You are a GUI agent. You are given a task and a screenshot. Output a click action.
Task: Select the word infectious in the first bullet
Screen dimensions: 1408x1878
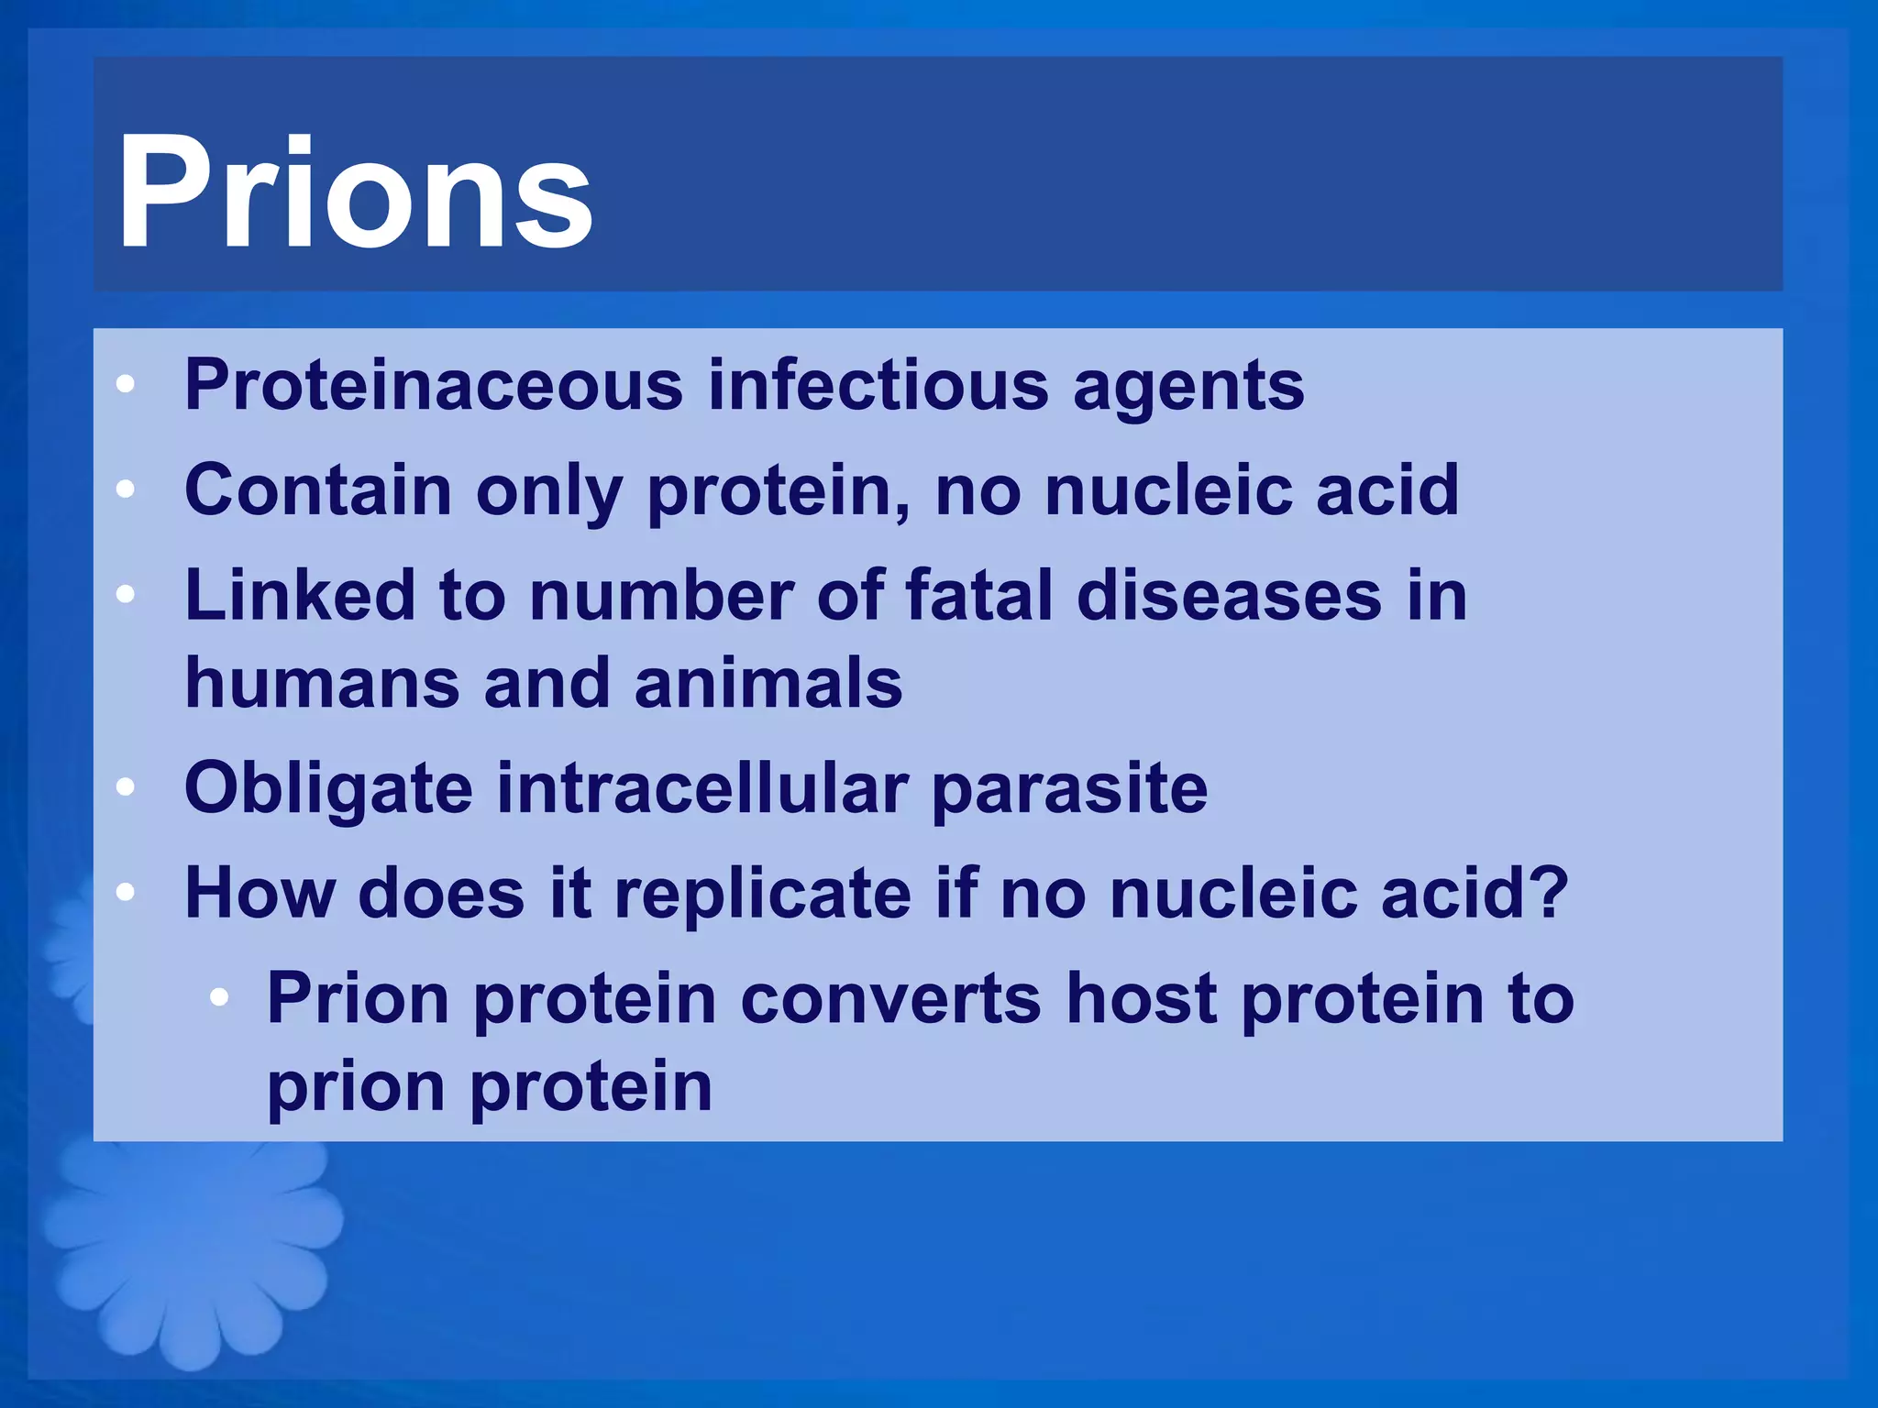[x=878, y=385]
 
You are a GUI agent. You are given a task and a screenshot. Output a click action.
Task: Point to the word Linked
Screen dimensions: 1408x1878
[x=299, y=596]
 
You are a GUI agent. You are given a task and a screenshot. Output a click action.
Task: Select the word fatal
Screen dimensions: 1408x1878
[x=978, y=596]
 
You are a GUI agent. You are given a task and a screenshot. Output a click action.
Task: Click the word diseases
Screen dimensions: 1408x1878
[x=1229, y=596]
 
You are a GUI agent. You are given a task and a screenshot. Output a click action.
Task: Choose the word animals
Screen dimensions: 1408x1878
[x=768, y=684]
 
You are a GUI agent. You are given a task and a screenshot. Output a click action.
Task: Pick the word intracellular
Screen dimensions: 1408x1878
[x=701, y=788]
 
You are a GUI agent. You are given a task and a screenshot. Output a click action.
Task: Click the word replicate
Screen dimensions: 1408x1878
[x=762, y=895]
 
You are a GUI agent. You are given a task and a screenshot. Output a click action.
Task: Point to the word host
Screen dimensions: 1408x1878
[x=1141, y=999]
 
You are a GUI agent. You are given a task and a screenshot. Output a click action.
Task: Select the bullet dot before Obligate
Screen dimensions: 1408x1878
[x=126, y=787]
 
